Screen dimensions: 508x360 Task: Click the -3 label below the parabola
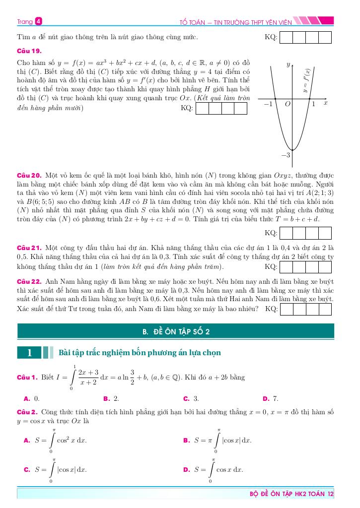(285, 155)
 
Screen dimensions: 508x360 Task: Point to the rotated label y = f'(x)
(307, 80)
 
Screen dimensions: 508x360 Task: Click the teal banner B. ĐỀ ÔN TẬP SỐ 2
(176, 331)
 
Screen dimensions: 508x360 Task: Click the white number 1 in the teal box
(29, 353)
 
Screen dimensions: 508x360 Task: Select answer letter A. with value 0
(27, 398)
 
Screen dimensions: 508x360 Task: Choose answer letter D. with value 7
(266, 398)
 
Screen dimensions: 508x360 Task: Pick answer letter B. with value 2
(107, 398)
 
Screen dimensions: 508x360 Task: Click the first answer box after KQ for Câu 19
(203, 108)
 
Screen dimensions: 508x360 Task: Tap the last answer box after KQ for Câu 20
(325, 233)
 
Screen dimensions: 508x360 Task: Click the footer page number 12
(331, 494)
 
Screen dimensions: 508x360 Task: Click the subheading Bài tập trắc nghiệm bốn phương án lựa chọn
(140, 353)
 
